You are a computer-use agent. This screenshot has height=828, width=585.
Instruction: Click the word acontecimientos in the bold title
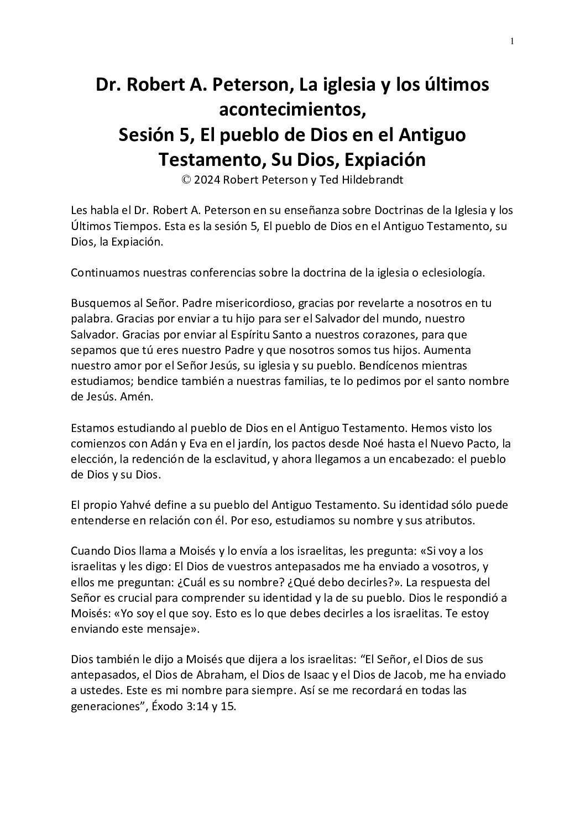292,110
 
